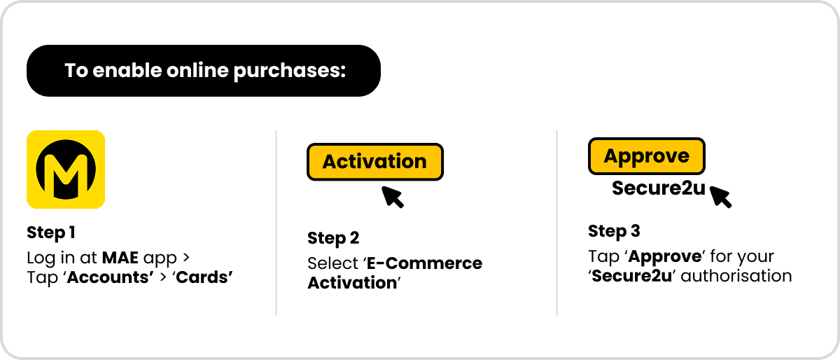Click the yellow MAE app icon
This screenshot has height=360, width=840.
[66, 169]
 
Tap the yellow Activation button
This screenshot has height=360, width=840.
[375, 162]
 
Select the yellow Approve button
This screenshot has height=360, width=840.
[647, 156]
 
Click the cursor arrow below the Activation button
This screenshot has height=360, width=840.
[392, 197]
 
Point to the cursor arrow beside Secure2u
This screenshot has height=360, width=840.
[720, 197]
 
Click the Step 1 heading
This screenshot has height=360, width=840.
[51, 233]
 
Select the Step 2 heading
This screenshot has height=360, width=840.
[333, 238]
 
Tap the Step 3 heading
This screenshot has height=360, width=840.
[615, 231]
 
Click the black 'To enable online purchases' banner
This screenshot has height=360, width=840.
[204, 71]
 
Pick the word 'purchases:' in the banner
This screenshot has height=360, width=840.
[290, 71]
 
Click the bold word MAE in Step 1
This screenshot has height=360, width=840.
[120, 258]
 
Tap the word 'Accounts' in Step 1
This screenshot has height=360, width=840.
[111, 277]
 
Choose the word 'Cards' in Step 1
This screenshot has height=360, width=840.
[202, 277]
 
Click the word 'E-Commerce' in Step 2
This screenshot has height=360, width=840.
[424, 263]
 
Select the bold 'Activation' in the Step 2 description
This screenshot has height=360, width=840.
[352, 283]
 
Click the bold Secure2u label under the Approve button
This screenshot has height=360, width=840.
[659, 188]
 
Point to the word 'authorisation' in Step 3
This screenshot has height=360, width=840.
[736, 276]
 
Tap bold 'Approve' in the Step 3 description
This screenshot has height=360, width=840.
[664, 257]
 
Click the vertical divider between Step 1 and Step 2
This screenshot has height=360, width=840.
[276, 223]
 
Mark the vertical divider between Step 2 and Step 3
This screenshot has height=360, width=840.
[557, 223]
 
